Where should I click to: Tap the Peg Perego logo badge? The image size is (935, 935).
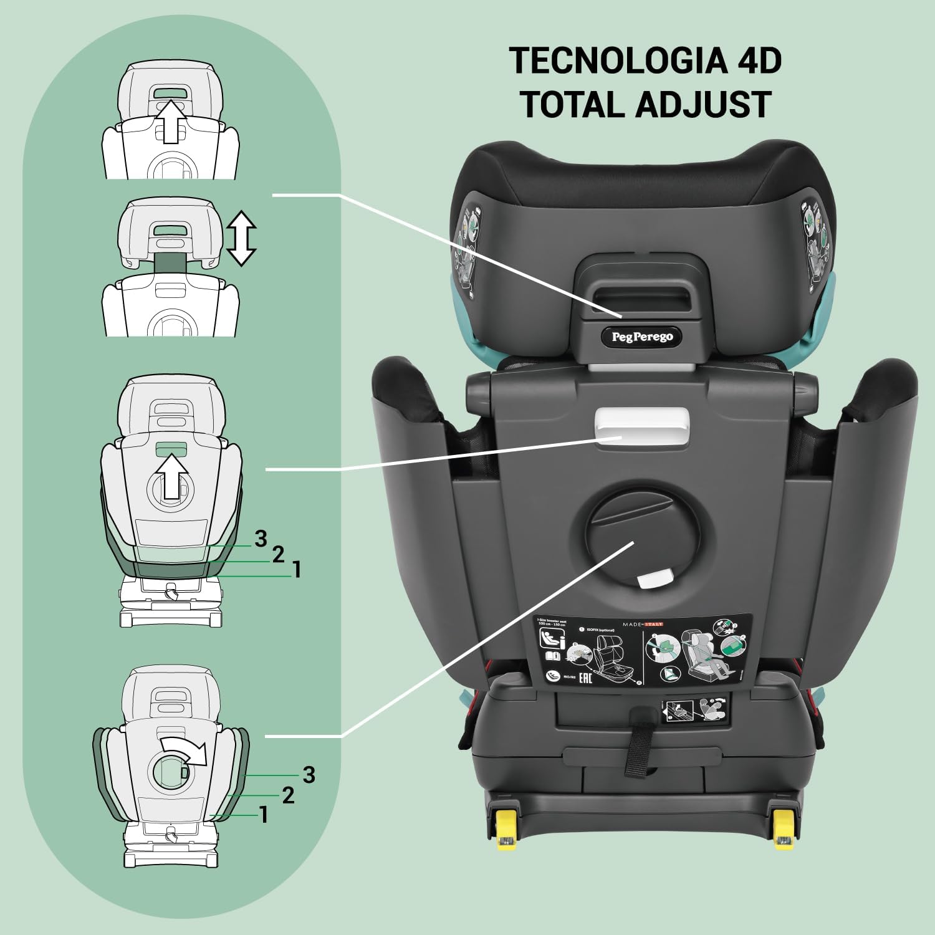(641, 337)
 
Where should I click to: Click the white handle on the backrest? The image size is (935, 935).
(642, 426)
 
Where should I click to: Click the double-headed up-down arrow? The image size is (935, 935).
(241, 237)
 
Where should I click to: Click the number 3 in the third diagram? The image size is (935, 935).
(261, 538)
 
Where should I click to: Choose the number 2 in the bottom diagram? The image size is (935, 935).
(287, 795)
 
